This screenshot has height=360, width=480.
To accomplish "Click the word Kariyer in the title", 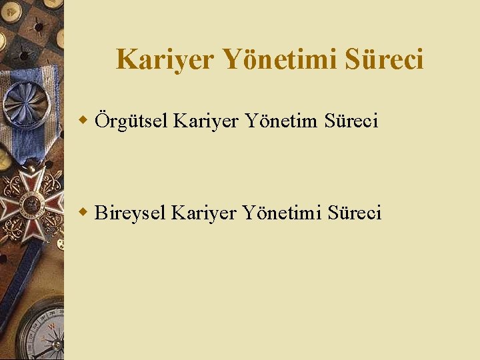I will (x=165, y=60).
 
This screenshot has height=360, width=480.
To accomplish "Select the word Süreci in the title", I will (x=384, y=60).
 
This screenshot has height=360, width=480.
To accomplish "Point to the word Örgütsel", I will (x=131, y=121).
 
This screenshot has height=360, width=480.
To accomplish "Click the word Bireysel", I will (x=130, y=213).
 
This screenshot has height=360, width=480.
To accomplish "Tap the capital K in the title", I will (x=127, y=59).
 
